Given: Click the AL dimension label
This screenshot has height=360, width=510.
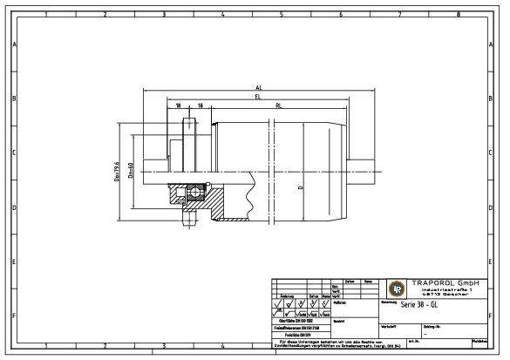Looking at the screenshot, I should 258,88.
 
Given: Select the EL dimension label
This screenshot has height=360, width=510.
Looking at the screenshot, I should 258,98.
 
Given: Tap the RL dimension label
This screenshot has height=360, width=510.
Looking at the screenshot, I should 277,105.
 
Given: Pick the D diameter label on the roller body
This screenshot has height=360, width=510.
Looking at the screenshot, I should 301,188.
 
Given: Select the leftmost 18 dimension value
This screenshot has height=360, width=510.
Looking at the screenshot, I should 178,105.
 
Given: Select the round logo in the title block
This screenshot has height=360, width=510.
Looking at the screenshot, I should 396,289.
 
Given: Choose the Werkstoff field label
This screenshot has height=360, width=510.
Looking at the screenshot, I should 389,326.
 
